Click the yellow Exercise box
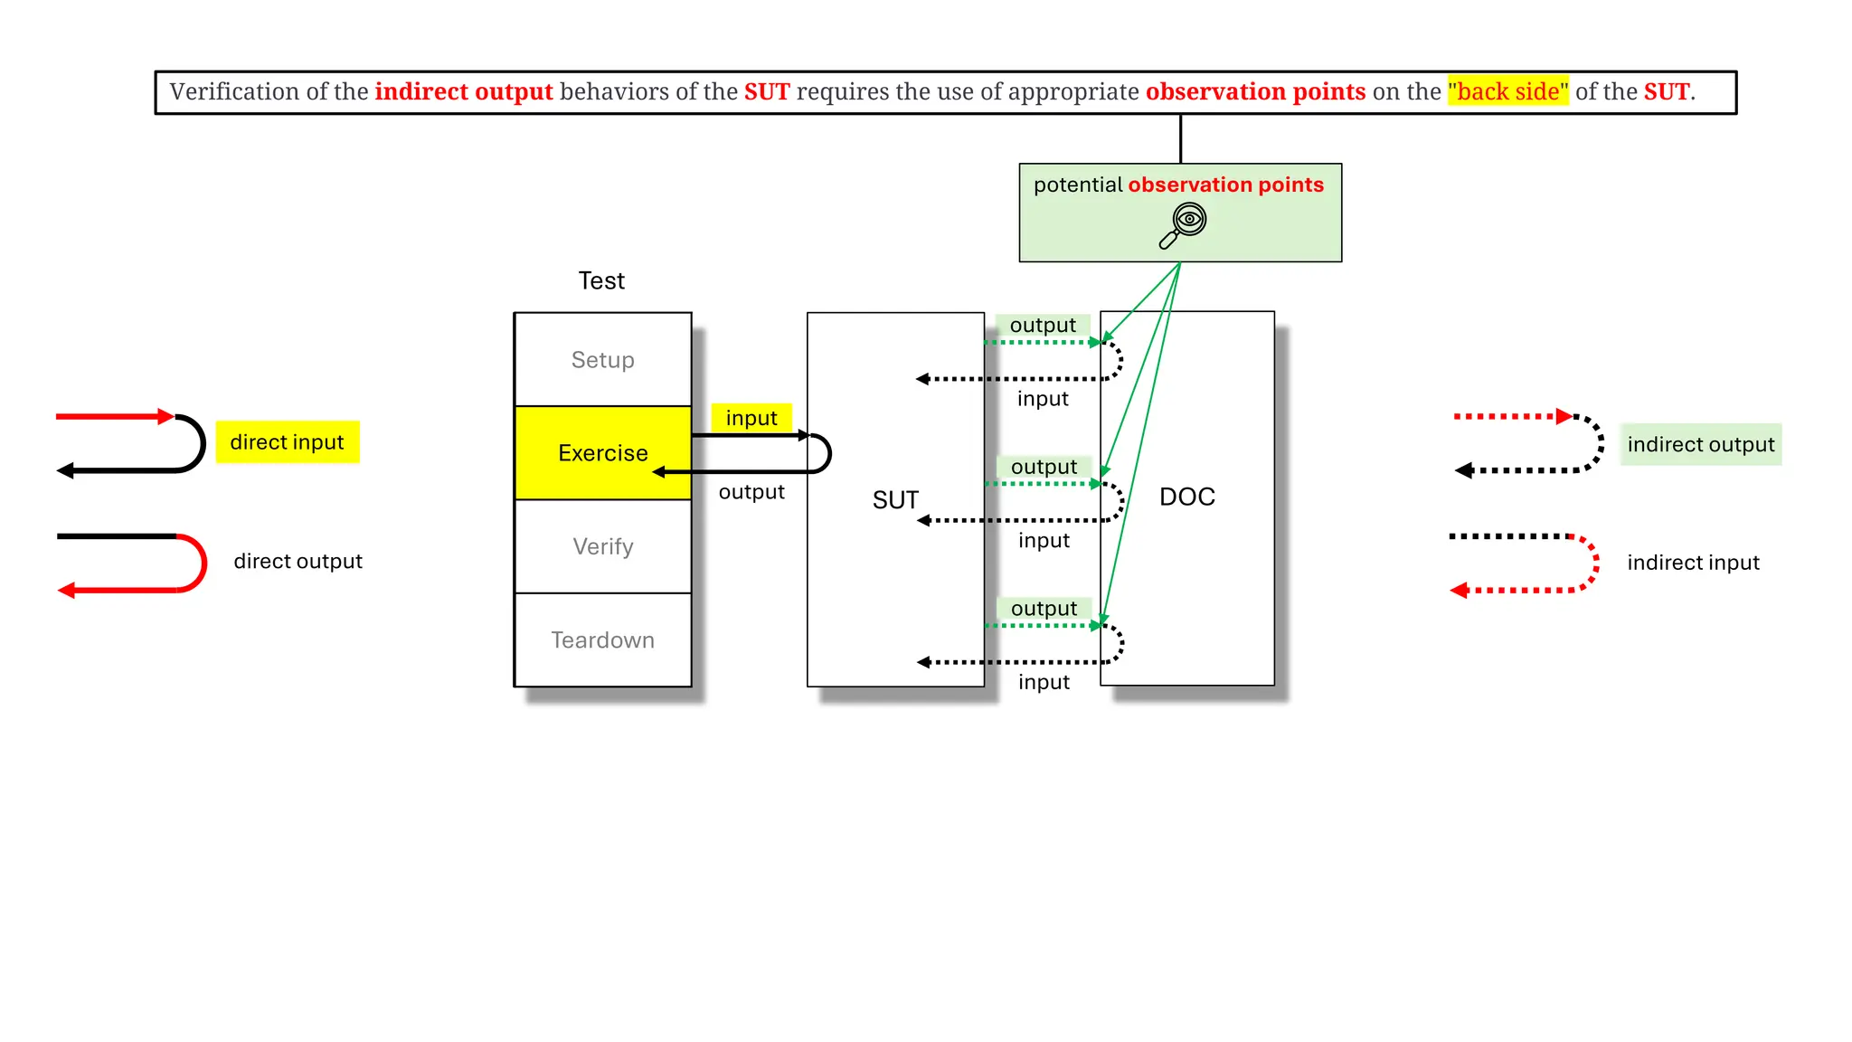tap(602, 452)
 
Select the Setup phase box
tap(602, 360)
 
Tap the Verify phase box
tap(602, 546)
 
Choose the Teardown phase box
tap(602, 640)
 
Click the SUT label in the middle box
tap(895, 500)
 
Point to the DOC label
tap(1186, 497)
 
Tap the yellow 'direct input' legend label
tap(287, 442)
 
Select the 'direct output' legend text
tap(298, 562)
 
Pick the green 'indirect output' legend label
tap(1700, 445)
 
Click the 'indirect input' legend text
tap(1693, 563)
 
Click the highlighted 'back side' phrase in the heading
tap(1507, 91)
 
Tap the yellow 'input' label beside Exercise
tap(751, 418)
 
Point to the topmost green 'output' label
tap(1043, 325)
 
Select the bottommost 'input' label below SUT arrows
tap(1044, 682)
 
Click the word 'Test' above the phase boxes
tap(601, 280)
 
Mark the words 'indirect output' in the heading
tap(463, 91)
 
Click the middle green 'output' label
tap(1044, 467)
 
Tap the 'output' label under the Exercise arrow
tap(751, 492)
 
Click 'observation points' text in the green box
tap(1225, 185)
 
